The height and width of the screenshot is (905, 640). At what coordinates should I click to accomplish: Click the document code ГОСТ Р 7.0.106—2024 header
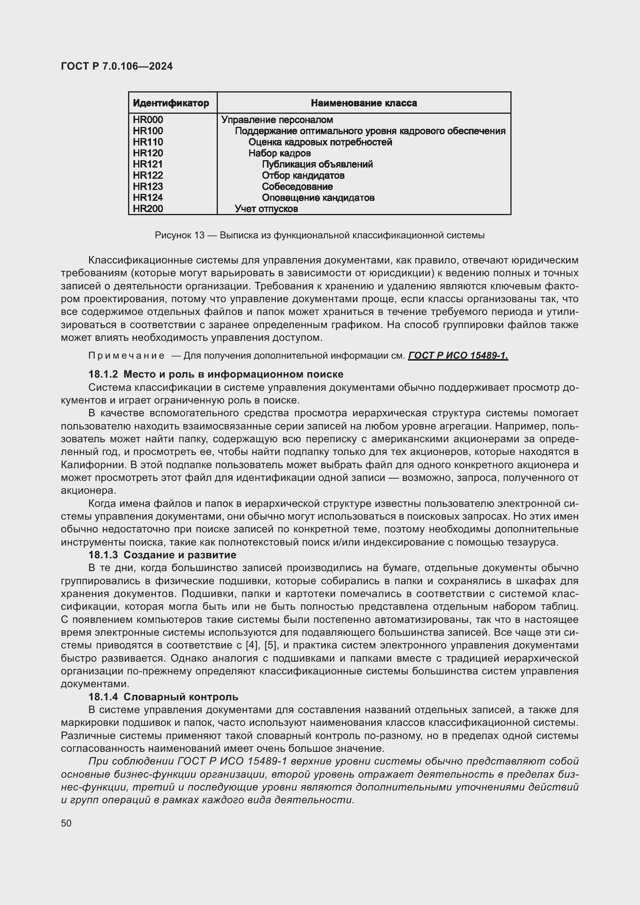click(x=116, y=66)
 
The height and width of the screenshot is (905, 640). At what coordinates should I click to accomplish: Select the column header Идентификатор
click(x=171, y=103)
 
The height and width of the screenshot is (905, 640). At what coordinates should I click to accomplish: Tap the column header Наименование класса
click(x=363, y=103)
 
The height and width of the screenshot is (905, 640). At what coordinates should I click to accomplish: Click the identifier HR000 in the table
click(x=148, y=120)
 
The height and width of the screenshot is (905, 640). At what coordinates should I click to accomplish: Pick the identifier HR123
click(x=148, y=186)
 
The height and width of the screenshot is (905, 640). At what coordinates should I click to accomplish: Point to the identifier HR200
click(x=148, y=209)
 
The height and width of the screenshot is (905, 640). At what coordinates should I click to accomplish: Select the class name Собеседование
click(x=297, y=186)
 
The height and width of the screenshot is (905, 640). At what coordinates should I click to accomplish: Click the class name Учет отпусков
click(x=266, y=209)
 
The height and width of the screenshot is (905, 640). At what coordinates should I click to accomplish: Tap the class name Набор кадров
click(x=279, y=153)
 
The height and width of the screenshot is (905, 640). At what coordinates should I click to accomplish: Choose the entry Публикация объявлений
click(x=317, y=164)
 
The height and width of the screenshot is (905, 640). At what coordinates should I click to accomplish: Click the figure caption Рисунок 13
click(x=179, y=235)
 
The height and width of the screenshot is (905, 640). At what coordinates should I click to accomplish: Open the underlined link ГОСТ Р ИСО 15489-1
click(x=458, y=356)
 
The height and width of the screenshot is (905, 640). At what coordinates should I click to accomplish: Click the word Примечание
click(x=126, y=356)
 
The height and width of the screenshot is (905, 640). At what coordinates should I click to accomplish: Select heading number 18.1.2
click(x=103, y=375)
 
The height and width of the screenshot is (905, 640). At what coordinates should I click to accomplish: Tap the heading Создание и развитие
click(x=180, y=555)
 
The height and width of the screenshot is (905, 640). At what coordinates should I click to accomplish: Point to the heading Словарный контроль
click(x=180, y=697)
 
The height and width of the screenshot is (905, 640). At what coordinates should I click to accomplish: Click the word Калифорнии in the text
click(x=92, y=465)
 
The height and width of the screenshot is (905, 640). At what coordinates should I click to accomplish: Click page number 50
click(x=66, y=823)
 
